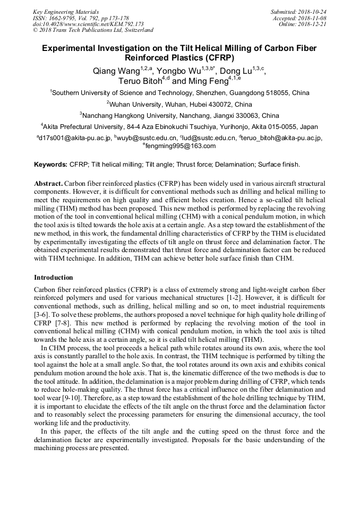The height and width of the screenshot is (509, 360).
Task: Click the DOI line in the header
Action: [x=88, y=24]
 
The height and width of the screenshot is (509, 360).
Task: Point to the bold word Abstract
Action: [x=48, y=183]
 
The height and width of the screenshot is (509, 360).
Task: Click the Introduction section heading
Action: [x=54, y=278]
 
